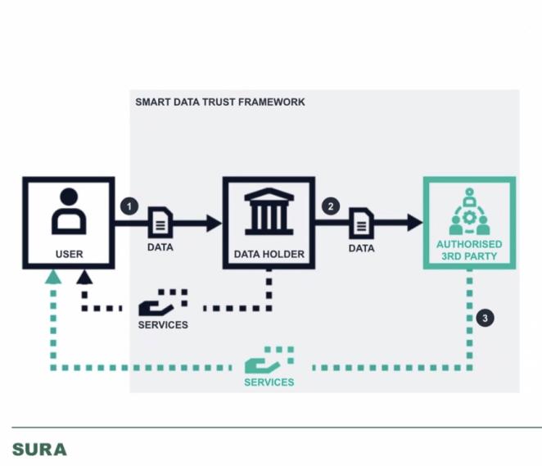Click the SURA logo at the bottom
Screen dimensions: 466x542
[x=39, y=450]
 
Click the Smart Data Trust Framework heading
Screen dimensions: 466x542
[x=219, y=102]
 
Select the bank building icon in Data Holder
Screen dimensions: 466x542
[x=269, y=211]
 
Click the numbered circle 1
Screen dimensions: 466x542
[x=128, y=206]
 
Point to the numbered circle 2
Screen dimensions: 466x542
[x=331, y=206]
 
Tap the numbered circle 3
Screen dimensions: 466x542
[x=486, y=318]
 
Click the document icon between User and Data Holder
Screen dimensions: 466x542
[x=160, y=223]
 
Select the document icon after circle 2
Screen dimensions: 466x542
[x=361, y=223]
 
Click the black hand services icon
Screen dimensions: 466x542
[x=163, y=303]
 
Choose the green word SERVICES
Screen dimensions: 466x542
[x=269, y=382]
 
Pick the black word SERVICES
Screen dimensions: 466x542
[x=163, y=325]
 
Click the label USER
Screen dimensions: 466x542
[x=69, y=254]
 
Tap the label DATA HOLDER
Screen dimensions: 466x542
[x=269, y=254]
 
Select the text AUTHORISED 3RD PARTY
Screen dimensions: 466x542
[x=469, y=251]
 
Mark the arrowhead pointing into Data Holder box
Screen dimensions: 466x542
[x=215, y=222]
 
